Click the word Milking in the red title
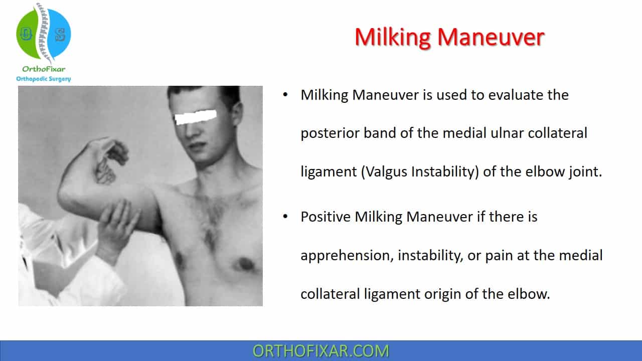(393, 38)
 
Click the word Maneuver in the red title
(491, 37)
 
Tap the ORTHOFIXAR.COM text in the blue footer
(320, 351)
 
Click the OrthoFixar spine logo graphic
(44, 34)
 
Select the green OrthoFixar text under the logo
(44, 69)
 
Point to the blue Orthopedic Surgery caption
(44, 79)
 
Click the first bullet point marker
(285, 95)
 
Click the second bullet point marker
(285, 217)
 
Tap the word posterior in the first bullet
(330, 133)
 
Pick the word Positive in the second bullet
(326, 217)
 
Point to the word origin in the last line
(442, 294)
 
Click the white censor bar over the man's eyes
(196, 117)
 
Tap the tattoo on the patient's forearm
(105, 171)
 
